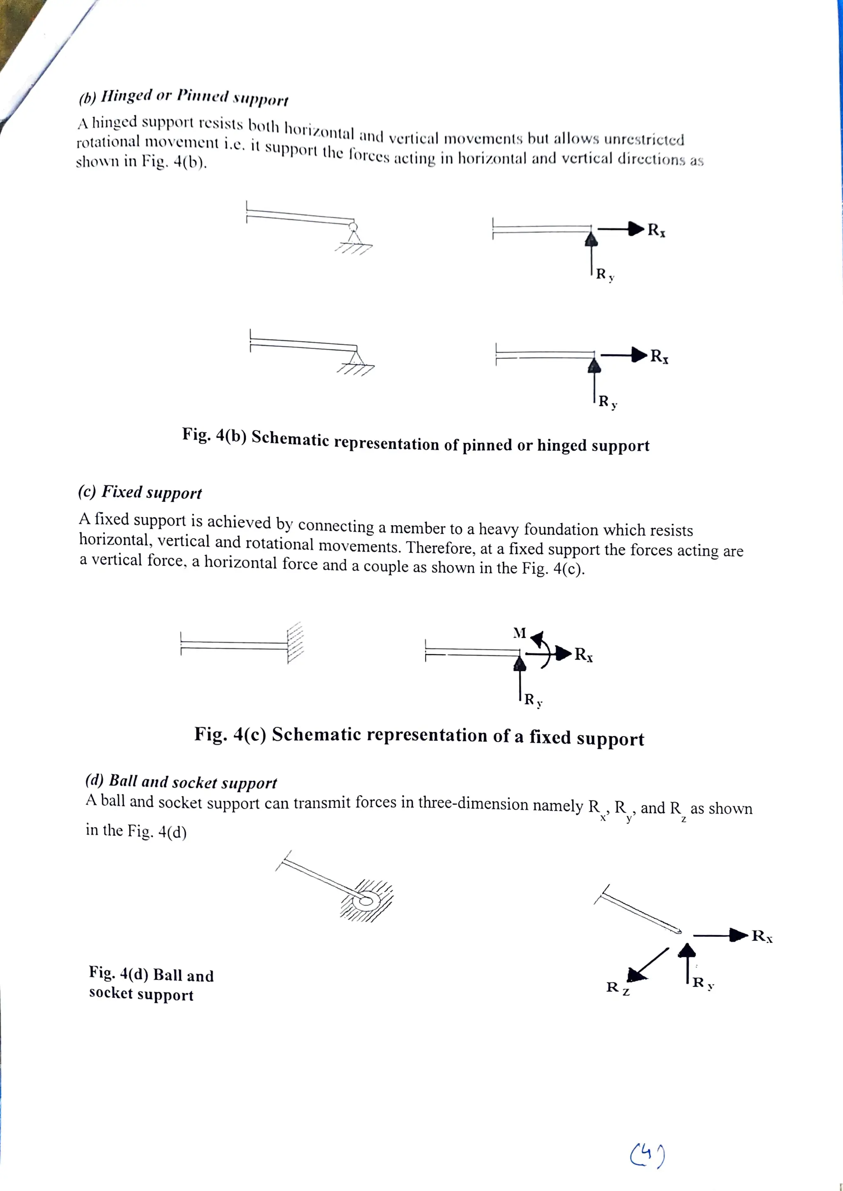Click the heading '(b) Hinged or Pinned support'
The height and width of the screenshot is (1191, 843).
coord(183,97)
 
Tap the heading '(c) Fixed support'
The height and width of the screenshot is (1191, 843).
coord(140,492)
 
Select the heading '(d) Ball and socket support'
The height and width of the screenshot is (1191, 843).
coord(181,782)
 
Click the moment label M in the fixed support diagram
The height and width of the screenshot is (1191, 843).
coord(519,633)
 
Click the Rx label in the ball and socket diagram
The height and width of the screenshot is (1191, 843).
coord(762,936)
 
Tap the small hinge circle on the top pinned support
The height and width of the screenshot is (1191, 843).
coord(354,226)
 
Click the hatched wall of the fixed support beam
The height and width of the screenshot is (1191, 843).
coord(295,642)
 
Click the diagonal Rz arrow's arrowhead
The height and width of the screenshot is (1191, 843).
coord(636,975)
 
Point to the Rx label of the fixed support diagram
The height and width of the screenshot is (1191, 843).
coord(583,655)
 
